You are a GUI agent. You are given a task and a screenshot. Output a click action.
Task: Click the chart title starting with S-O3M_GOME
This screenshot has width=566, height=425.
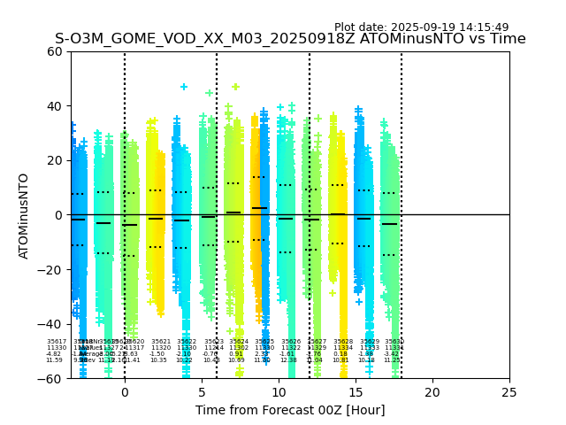(x=290, y=39)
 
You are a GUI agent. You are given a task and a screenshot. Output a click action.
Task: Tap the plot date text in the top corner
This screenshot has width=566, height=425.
(x=421, y=27)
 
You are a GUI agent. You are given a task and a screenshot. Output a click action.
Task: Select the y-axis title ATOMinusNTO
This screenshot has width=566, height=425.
(x=24, y=215)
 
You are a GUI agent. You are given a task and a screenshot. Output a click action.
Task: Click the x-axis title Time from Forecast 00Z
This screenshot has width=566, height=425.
(x=290, y=410)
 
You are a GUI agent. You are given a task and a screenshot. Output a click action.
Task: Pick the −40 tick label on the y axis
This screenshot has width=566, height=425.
(x=53, y=324)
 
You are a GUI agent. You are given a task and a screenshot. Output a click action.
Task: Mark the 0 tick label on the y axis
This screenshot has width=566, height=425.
(x=60, y=215)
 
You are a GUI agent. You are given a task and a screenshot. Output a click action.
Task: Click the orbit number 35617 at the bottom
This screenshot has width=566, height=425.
(x=57, y=342)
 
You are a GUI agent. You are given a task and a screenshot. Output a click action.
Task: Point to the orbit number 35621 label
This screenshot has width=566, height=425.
(x=161, y=342)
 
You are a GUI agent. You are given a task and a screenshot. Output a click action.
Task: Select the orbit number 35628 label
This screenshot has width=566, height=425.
(x=343, y=342)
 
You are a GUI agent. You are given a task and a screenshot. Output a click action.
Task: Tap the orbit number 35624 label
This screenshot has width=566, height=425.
(x=239, y=342)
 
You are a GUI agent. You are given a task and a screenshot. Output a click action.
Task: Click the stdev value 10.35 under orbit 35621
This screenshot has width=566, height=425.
(x=158, y=360)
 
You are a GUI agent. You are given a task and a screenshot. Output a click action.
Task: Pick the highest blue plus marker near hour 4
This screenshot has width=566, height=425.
(x=184, y=87)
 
